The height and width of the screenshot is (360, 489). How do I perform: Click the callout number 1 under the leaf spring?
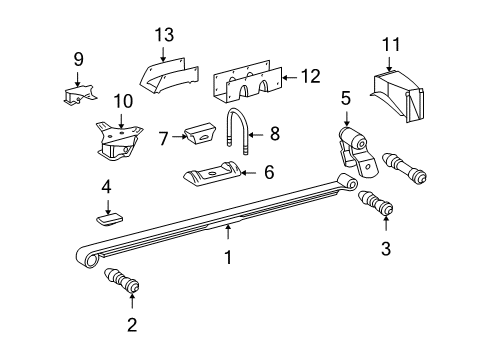pyautogui.click(x=228, y=257)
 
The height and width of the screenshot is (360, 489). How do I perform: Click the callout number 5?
pyautogui.click(x=347, y=98)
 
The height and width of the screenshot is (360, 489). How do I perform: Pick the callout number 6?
pyautogui.click(x=268, y=172)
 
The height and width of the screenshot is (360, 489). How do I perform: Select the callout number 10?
pyautogui.click(x=122, y=100)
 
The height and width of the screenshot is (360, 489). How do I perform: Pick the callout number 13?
pyautogui.click(x=163, y=37)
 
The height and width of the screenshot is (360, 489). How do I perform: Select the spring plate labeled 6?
pyautogui.click(x=214, y=177)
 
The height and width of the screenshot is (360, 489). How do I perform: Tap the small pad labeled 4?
pyautogui.click(x=112, y=212)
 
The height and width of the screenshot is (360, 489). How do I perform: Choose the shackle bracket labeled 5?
pyautogui.click(x=350, y=145)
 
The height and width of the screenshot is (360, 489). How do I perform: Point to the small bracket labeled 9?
pyautogui.click(x=76, y=94)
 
